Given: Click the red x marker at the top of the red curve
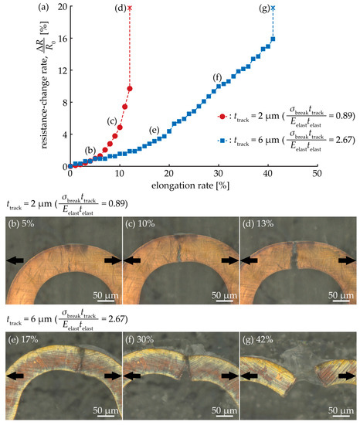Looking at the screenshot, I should pos(130,8).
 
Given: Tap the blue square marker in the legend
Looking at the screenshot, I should pos(223,142).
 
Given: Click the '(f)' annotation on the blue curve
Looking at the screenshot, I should pos(218,77).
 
